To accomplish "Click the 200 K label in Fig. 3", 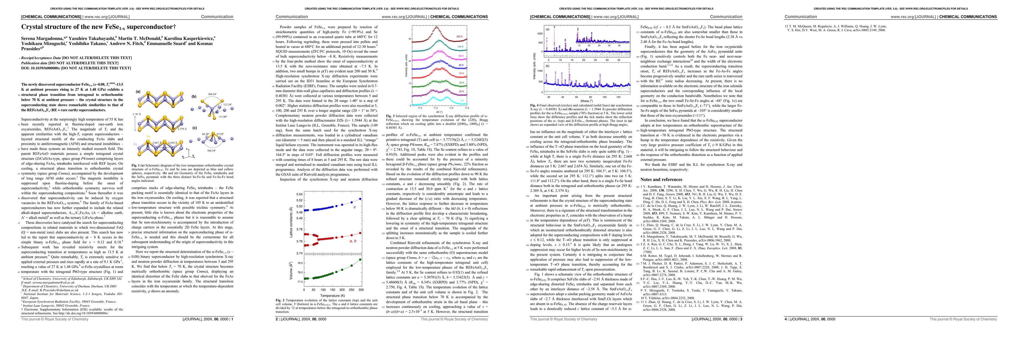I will tap(459, 36).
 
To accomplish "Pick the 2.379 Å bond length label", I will tap(182, 128).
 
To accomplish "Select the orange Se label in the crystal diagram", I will tap(148, 136).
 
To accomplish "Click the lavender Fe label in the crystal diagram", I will tap(136, 144).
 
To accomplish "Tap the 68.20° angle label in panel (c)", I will tap(206, 134).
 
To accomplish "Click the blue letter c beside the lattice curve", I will tap(354, 207).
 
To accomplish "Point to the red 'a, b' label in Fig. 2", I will tap(353, 241).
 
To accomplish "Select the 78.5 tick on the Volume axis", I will tap(300, 263).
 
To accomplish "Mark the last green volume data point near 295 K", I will tap(360, 259).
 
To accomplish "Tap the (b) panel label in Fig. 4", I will tap(547, 66).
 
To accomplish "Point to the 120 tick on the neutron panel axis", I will tap(618, 97).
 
